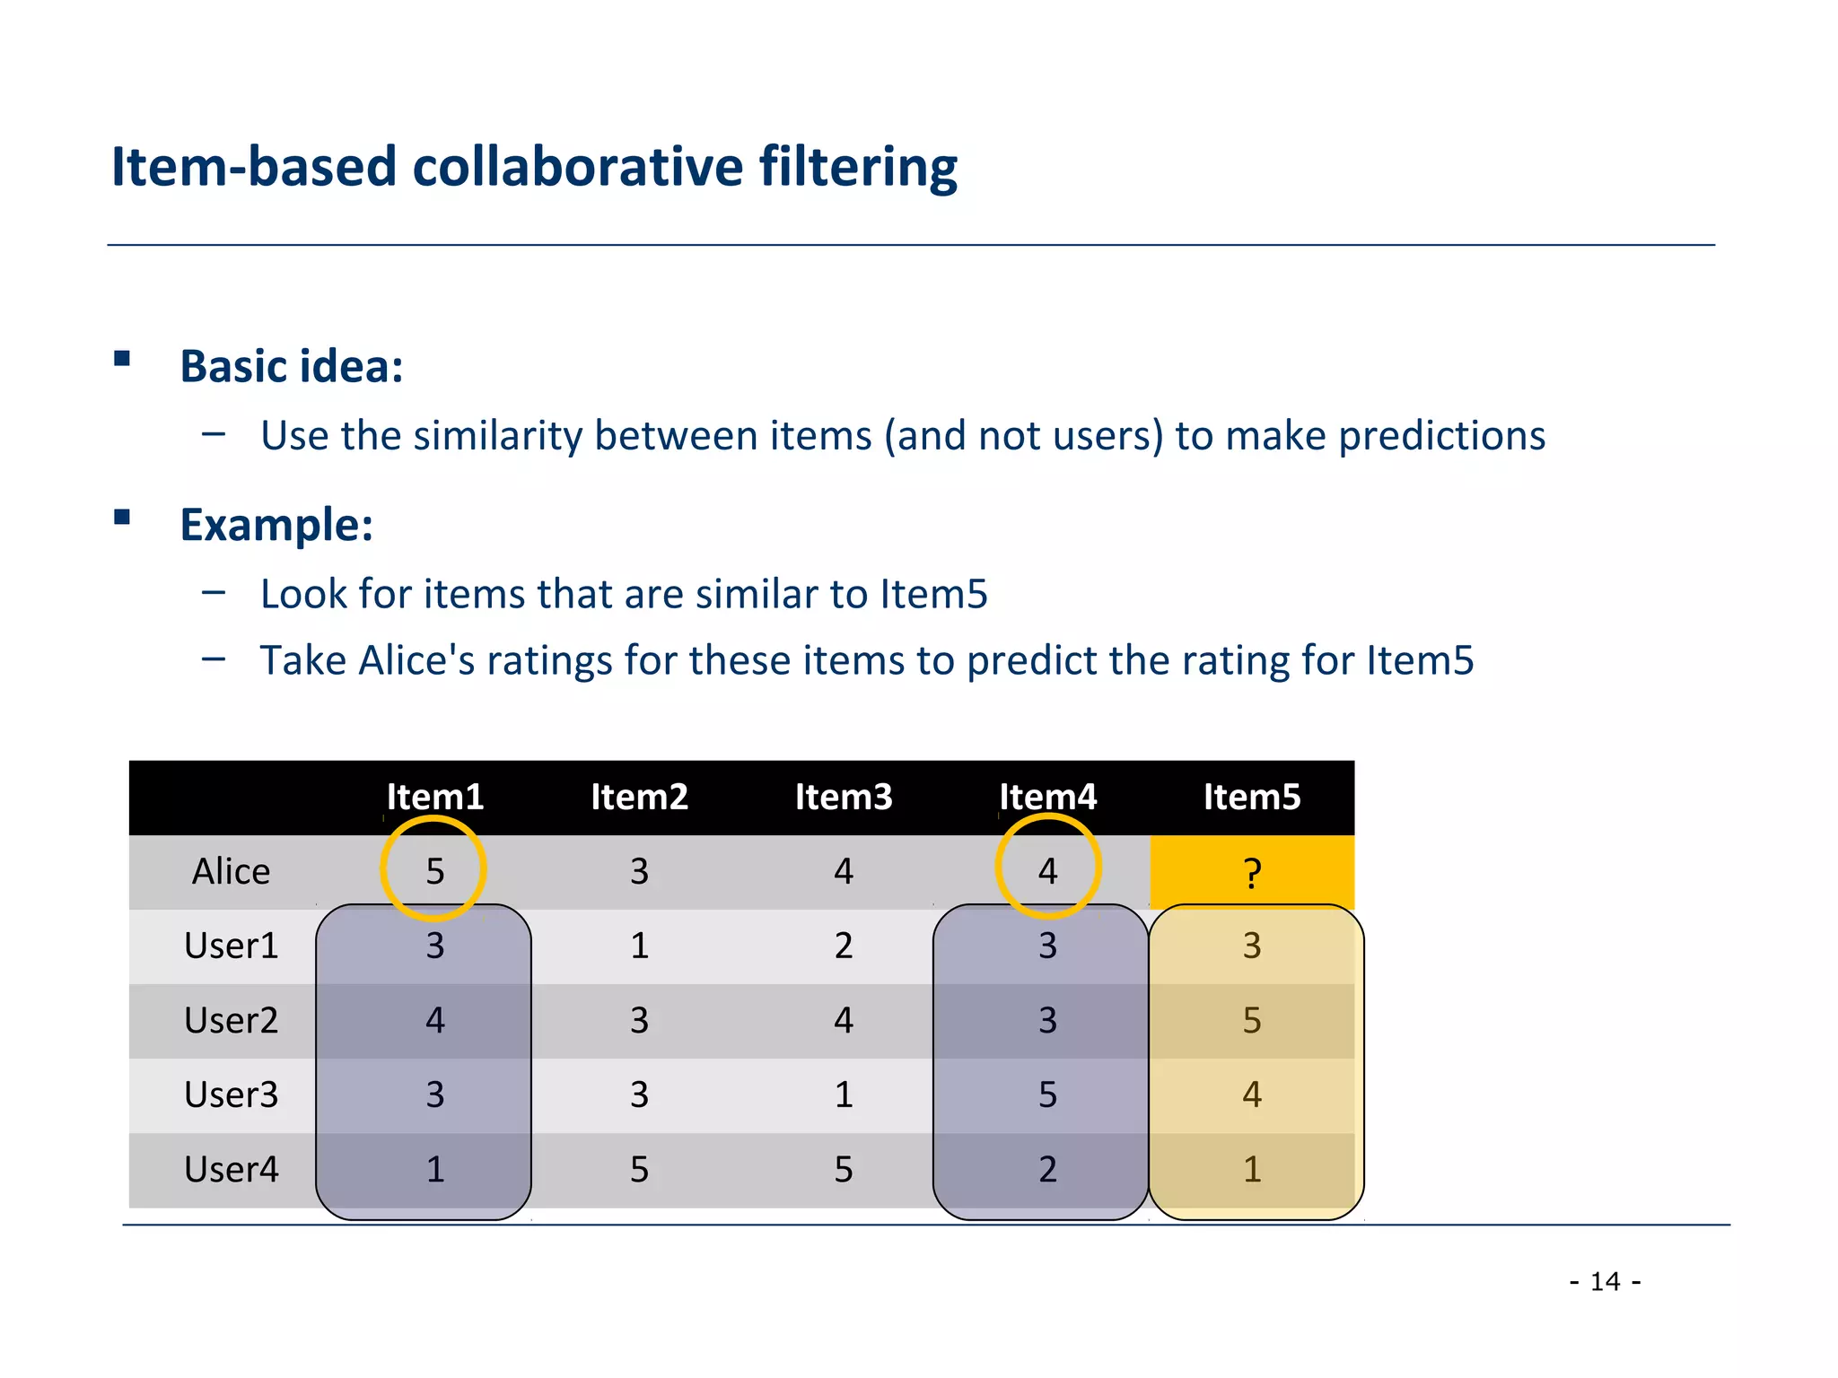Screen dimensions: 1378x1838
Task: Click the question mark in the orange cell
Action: coord(1252,873)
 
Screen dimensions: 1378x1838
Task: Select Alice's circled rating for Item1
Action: coord(434,871)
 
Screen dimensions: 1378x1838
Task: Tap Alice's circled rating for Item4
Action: coord(1047,871)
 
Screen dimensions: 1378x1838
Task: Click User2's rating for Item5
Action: coord(1252,1021)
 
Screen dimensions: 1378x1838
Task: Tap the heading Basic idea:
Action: coord(292,367)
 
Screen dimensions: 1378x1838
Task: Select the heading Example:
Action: coord(276,525)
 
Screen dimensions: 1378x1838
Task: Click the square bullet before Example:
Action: coord(122,518)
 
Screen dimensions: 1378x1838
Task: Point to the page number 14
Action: coord(1605,1282)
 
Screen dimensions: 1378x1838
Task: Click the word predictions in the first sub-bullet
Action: coord(1441,436)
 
